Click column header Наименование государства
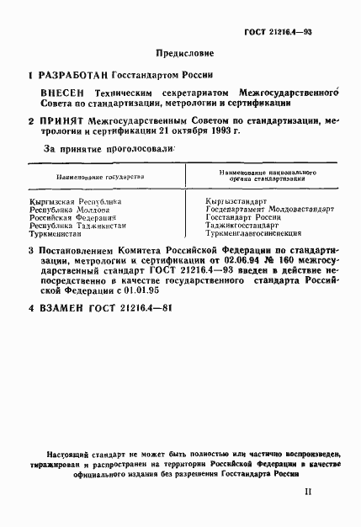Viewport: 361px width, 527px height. pos(100,178)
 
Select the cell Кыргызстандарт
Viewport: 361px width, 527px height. pos(236,202)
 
